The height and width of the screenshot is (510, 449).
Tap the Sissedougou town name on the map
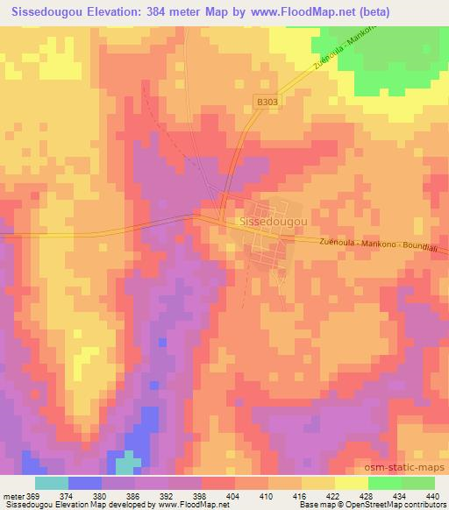272,223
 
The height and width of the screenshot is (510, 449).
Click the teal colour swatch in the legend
52,483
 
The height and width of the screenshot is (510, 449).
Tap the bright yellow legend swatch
351,483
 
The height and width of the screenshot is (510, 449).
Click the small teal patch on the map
129,463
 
